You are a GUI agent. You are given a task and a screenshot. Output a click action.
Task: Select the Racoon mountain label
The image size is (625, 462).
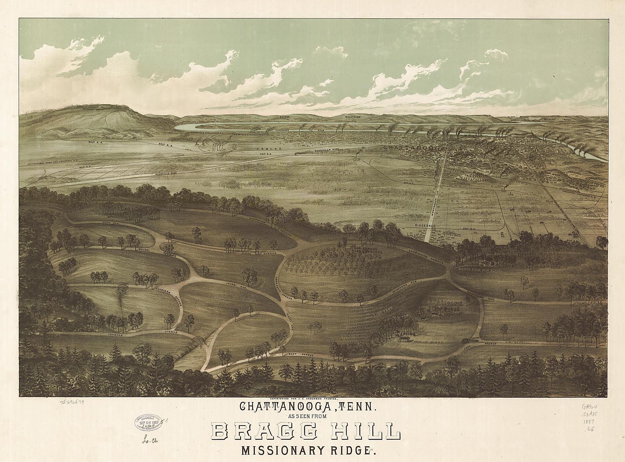pos(286,117)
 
